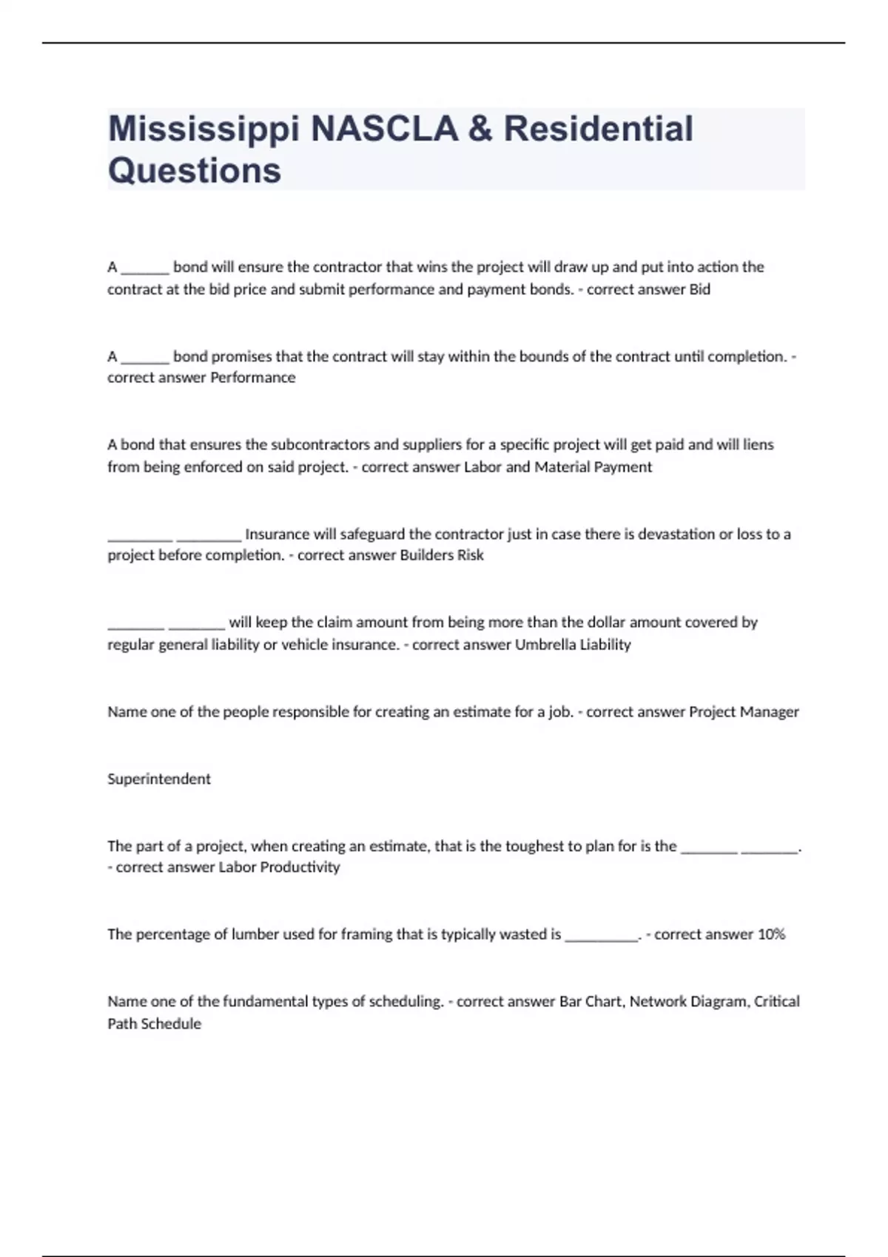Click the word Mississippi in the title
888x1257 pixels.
[204, 129]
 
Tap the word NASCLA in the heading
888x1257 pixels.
[385, 129]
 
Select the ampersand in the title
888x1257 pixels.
[480, 129]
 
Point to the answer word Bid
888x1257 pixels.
[700, 290]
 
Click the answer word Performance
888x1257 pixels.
[253, 378]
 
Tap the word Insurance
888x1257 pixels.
[277, 534]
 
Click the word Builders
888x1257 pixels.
[426, 555]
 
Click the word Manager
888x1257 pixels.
[770, 712]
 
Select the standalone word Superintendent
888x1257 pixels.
[159, 779]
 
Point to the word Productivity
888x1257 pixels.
[300, 867]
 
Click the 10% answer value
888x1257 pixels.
[771, 935]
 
